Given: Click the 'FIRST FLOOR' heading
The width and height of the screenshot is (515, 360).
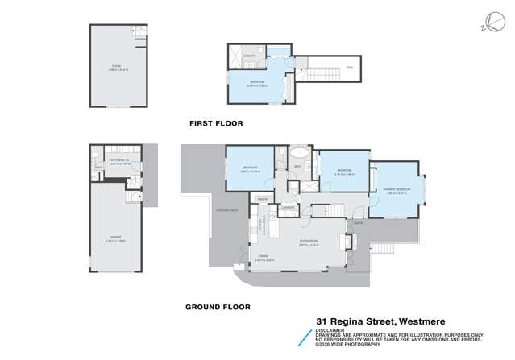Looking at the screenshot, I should coord(215,123).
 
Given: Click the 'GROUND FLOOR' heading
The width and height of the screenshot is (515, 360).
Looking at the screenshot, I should coord(218,307).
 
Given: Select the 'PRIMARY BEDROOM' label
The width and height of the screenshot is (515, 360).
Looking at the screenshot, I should coord(397,189).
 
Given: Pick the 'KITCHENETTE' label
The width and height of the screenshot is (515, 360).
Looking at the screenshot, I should coord(110,162).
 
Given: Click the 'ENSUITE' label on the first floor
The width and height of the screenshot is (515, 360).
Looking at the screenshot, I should coord(250,55).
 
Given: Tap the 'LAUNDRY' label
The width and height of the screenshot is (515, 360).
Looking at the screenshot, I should coord(287,207).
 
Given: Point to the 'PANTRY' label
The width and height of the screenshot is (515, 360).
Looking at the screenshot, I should coord(263,197).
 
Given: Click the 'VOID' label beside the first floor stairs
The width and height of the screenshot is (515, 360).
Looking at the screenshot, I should coord(350,67).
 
